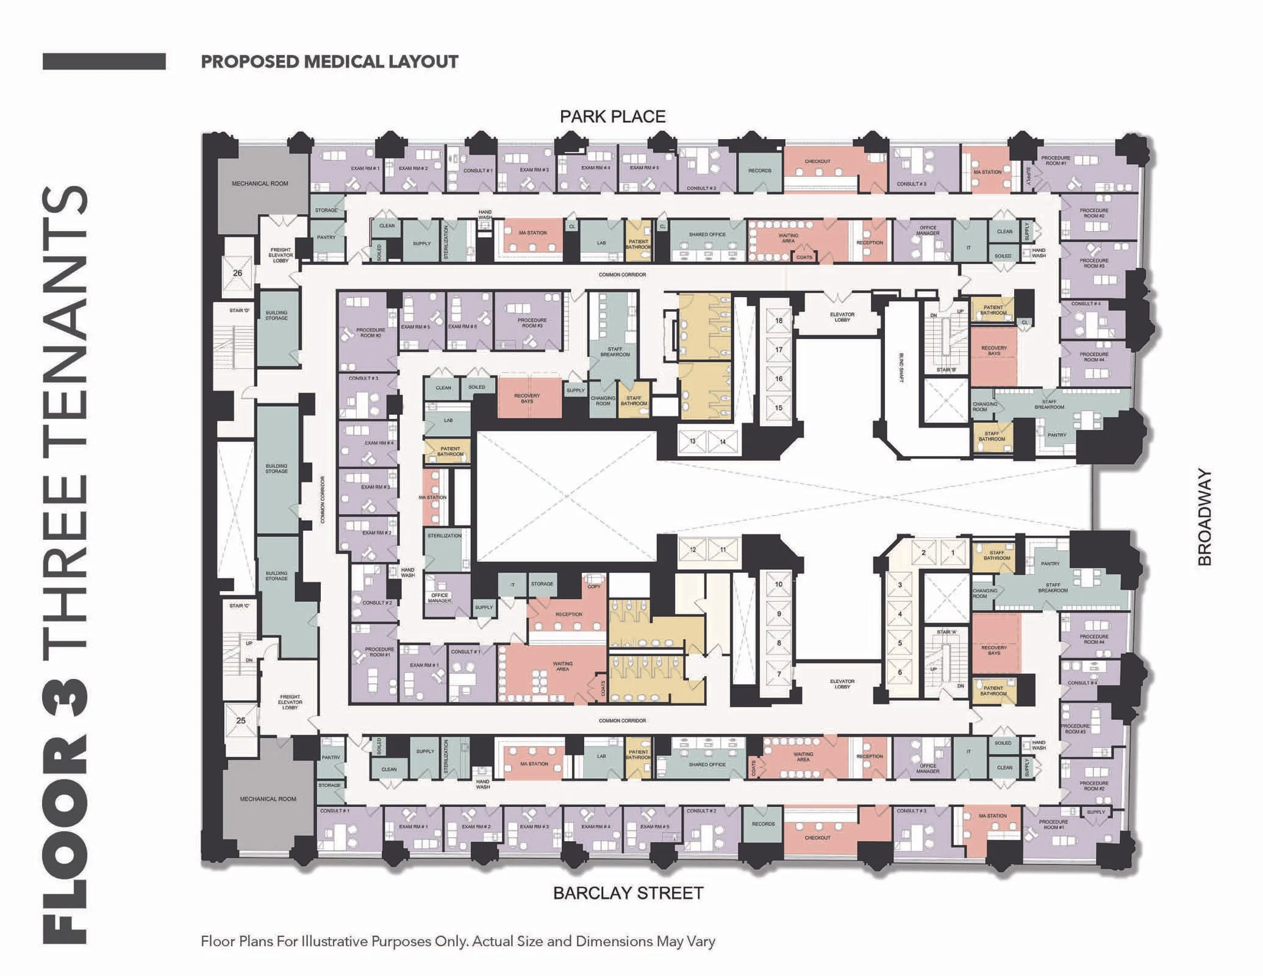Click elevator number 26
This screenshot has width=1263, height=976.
coord(237,273)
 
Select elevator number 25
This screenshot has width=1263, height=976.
coord(240,720)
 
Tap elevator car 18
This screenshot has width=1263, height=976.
coord(779,320)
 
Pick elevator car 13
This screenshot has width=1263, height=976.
coord(693,441)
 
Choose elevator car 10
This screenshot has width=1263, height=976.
coord(779,584)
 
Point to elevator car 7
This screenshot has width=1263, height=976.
coord(779,674)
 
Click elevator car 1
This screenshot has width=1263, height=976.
coord(953,553)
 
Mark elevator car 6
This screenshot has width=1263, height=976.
coord(900,672)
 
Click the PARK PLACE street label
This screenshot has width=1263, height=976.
coord(612,117)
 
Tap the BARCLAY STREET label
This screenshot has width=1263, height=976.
coord(628,893)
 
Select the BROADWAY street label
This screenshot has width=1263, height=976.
coord(1204,517)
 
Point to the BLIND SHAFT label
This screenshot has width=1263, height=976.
coord(901,367)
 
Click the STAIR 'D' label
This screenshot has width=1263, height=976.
coord(240,310)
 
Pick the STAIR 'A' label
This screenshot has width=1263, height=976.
coord(946,632)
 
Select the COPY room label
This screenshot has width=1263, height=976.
coord(594,586)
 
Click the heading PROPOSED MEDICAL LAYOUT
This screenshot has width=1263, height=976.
coord(329,62)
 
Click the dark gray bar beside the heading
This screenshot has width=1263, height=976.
coord(104,62)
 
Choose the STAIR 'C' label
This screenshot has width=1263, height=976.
coord(240,606)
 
